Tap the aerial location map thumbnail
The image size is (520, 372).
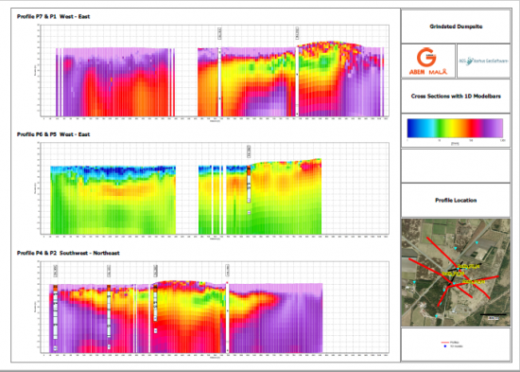[x=457, y=271]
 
